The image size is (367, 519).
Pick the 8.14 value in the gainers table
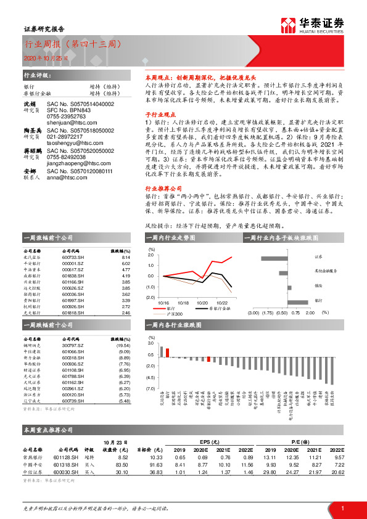click(126, 258)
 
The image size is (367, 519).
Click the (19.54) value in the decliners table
click(124, 346)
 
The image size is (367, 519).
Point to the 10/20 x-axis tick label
click(202, 303)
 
